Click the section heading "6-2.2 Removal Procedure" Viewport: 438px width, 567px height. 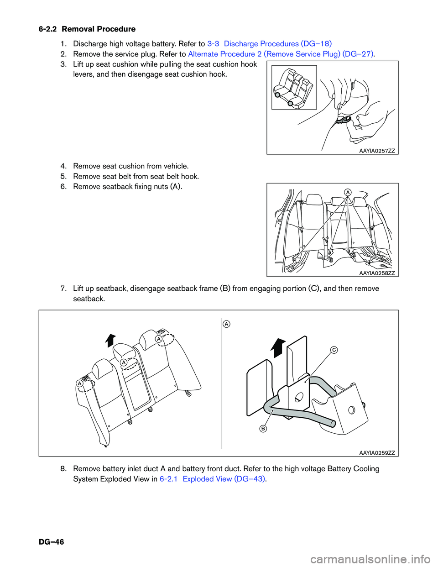point(87,29)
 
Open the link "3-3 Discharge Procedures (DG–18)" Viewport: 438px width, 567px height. point(269,44)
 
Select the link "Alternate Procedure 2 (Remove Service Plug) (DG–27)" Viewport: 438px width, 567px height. point(281,54)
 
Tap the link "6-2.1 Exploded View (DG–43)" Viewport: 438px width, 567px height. point(212,479)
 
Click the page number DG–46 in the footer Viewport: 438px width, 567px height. point(51,542)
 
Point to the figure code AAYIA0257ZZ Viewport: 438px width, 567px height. point(377,151)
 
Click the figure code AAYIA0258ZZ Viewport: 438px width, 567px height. point(377,273)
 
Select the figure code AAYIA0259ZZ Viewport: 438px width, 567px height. point(377,453)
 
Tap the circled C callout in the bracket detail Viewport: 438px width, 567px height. point(334,350)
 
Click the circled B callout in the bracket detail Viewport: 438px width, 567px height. point(263,429)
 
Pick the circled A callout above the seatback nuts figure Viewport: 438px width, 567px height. point(348,192)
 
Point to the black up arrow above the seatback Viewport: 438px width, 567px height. point(110,340)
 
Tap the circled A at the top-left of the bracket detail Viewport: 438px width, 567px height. point(227,324)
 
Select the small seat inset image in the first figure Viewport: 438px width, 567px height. point(294,87)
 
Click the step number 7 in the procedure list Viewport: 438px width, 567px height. point(63,289)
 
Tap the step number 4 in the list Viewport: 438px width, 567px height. point(63,166)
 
